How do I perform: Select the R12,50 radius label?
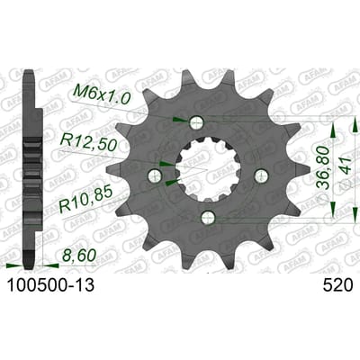click(x=88, y=142)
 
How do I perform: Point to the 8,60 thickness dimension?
click(x=78, y=256)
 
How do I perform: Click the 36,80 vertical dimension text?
click(x=323, y=167)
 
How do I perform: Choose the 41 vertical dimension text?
click(x=345, y=166)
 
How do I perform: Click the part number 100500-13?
click(x=50, y=285)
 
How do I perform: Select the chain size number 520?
click(x=337, y=285)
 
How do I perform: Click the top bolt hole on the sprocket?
click(x=197, y=121)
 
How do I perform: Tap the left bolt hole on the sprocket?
click(x=155, y=175)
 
